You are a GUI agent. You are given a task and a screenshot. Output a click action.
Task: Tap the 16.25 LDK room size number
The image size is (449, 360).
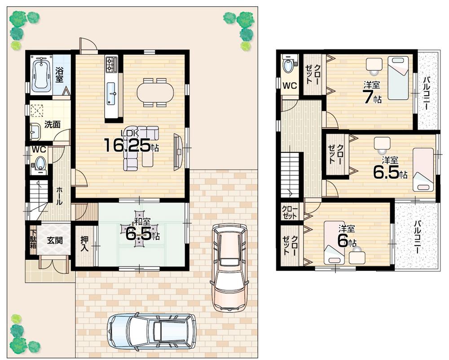point(128,146)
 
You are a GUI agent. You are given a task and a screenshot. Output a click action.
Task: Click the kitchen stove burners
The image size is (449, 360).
point(111,64)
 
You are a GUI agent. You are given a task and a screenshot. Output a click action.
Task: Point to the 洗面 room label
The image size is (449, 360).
point(52,125)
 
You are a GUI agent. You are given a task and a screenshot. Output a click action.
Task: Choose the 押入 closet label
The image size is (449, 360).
point(84,244)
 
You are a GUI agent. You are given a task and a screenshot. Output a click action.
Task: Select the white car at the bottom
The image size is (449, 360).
point(152,332)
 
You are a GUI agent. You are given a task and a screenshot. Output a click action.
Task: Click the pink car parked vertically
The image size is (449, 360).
point(229,267)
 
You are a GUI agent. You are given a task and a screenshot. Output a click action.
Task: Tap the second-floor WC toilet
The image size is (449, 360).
point(288,66)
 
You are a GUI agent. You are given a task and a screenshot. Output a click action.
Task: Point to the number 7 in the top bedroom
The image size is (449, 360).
point(369,96)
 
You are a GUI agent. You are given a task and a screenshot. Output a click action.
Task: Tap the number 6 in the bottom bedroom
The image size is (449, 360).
point(343,241)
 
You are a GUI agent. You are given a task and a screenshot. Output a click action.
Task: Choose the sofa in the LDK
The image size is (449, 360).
point(139,148)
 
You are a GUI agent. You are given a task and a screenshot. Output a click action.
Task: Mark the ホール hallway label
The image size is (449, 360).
point(59,196)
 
